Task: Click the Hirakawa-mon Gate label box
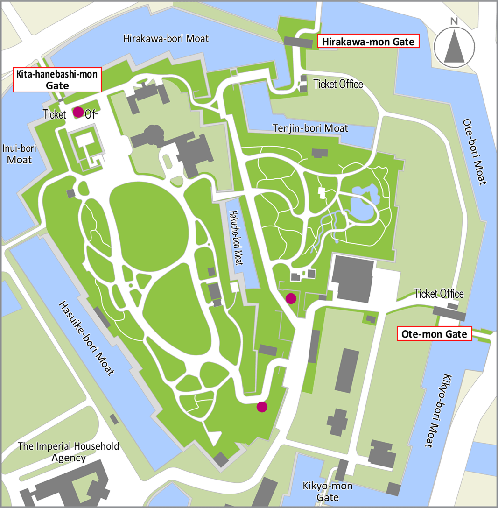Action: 367,42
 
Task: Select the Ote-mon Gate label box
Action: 434,334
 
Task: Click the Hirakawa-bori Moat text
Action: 166,39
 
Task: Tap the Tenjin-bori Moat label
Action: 310,128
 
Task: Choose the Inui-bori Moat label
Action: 19,154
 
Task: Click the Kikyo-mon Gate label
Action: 327,492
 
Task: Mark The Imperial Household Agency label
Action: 69,452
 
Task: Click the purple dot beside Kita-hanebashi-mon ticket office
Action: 78,112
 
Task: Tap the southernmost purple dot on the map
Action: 262,407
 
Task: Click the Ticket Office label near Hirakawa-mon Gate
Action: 338,84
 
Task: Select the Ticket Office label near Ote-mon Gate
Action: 439,294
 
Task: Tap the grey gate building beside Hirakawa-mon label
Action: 298,42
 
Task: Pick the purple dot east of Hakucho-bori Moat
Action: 291,298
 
